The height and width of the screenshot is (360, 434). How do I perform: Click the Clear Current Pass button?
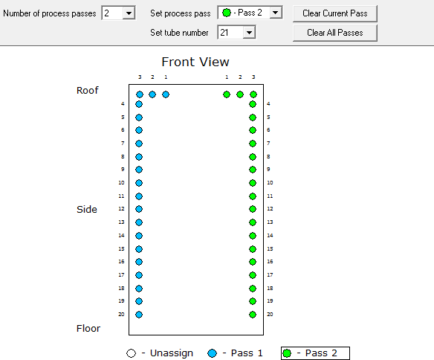[x=335, y=13]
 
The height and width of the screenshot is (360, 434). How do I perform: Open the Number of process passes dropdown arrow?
[x=129, y=13]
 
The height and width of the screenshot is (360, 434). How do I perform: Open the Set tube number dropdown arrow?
[x=249, y=33]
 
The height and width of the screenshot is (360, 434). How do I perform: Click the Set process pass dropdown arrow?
[x=276, y=13]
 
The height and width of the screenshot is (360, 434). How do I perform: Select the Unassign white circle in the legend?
[x=132, y=353]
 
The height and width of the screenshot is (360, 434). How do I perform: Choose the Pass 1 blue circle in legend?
[x=213, y=353]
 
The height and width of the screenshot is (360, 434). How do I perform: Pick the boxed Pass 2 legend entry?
[x=315, y=353]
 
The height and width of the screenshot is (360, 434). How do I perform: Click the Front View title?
[x=195, y=62]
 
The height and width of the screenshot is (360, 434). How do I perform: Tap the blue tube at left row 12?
[x=139, y=209]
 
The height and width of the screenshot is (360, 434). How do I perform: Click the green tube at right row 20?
[x=253, y=315]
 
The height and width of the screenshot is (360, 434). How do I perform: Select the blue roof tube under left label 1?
[x=166, y=94]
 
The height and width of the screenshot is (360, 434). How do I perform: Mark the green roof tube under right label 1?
[x=227, y=94]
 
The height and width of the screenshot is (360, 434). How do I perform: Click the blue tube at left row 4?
[x=139, y=104]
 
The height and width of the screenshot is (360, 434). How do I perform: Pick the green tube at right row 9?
[x=253, y=170]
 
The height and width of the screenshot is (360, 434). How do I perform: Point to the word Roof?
[x=87, y=90]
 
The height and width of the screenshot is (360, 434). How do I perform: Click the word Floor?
[x=88, y=329]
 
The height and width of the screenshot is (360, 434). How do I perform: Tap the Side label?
[x=87, y=209]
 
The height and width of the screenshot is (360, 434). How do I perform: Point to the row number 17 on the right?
[x=270, y=275]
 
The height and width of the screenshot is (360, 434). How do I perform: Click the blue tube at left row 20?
[x=139, y=315]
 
